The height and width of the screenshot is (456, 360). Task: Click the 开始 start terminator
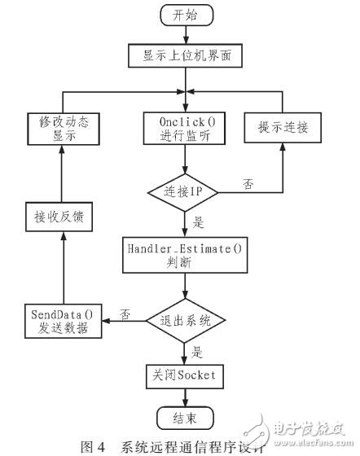coord(187,15)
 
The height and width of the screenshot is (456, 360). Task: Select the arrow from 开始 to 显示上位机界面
coord(187,35)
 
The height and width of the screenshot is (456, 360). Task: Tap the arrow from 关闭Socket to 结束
coord(187,400)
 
